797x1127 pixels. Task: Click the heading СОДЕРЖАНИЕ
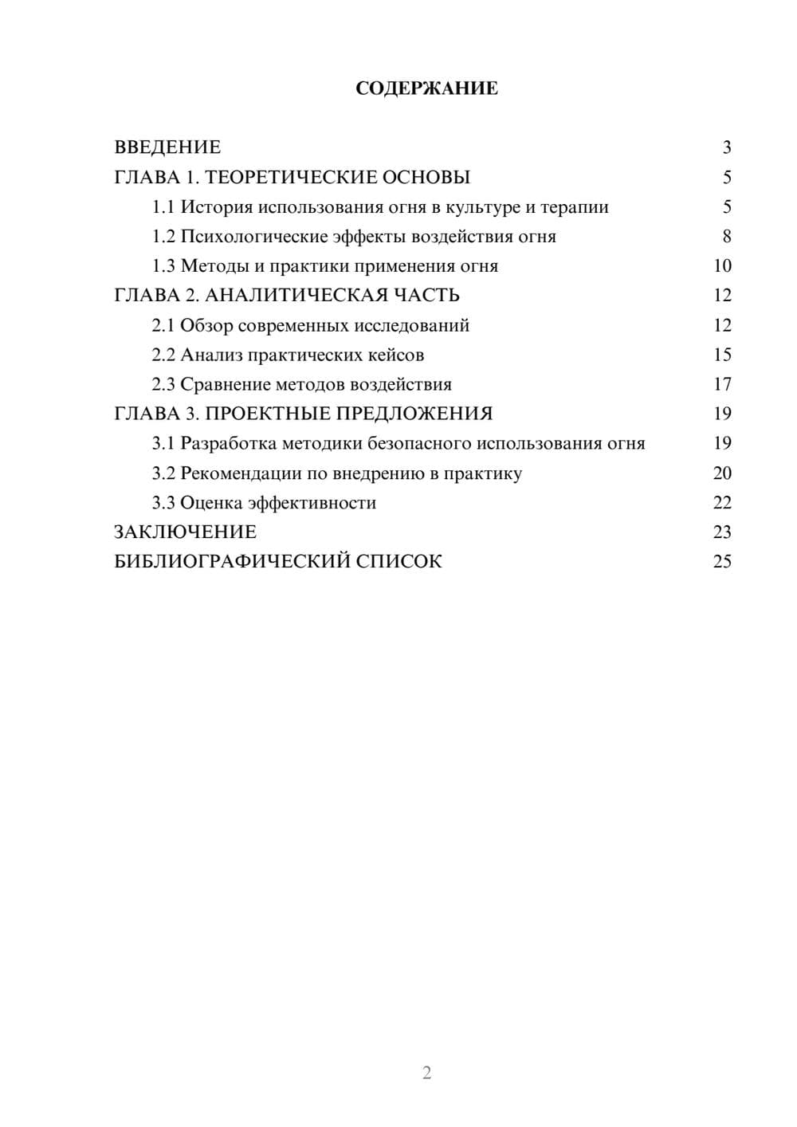pos(426,88)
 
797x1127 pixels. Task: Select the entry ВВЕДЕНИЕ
pos(167,147)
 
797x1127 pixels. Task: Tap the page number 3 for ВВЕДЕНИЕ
pos(726,147)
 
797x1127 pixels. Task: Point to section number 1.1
pos(163,207)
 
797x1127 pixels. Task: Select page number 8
pos(726,237)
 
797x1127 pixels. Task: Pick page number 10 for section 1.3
pos(722,266)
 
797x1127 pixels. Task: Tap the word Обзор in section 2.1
pos(206,325)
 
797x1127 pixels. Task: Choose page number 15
pos(722,355)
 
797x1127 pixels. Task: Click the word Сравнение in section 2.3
pos(225,385)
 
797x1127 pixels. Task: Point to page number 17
pos(722,385)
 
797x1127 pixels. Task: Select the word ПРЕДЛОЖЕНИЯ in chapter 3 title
pos(414,414)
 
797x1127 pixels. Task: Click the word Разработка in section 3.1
pos(229,444)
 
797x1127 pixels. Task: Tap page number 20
pos(722,473)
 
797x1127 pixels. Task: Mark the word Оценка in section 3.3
pos(211,503)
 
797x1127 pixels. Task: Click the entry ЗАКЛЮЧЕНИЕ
pos(186,532)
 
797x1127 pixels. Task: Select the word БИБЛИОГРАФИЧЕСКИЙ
pos(232,562)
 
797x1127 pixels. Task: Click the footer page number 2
pos(426,1073)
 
